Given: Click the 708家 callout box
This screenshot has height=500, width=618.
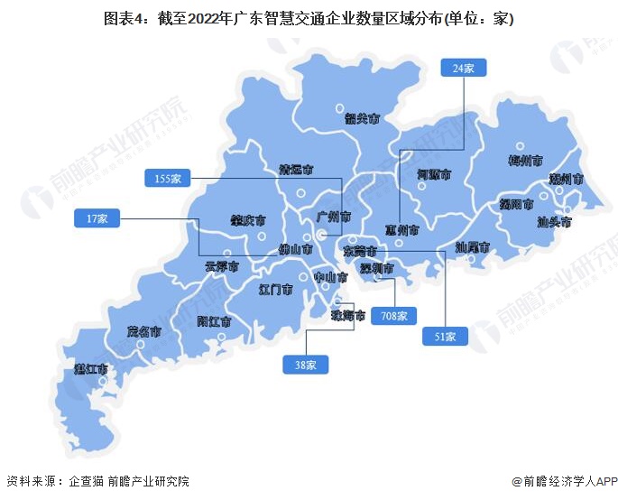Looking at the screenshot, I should pyautogui.click(x=393, y=316).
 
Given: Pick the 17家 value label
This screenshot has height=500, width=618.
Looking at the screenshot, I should pyautogui.click(x=97, y=218).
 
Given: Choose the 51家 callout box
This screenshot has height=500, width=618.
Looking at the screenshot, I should pyautogui.click(x=446, y=337).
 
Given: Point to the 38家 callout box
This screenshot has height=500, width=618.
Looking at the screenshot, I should pyautogui.click(x=305, y=365).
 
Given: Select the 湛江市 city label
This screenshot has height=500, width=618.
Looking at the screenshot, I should pyautogui.click(x=91, y=369).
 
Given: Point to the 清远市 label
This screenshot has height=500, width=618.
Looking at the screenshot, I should pyautogui.click(x=296, y=169).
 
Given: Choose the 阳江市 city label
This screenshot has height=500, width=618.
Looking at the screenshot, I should pyautogui.click(x=214, y=321).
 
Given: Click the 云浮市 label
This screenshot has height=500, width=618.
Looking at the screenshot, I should pyautogui.click(x=221, y=266).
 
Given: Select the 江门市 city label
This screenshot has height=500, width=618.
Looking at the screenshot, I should pyautogui.click(x=275, y=291).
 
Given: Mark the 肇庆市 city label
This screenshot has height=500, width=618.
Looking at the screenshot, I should pyautogui.click(x=247, y=220).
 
